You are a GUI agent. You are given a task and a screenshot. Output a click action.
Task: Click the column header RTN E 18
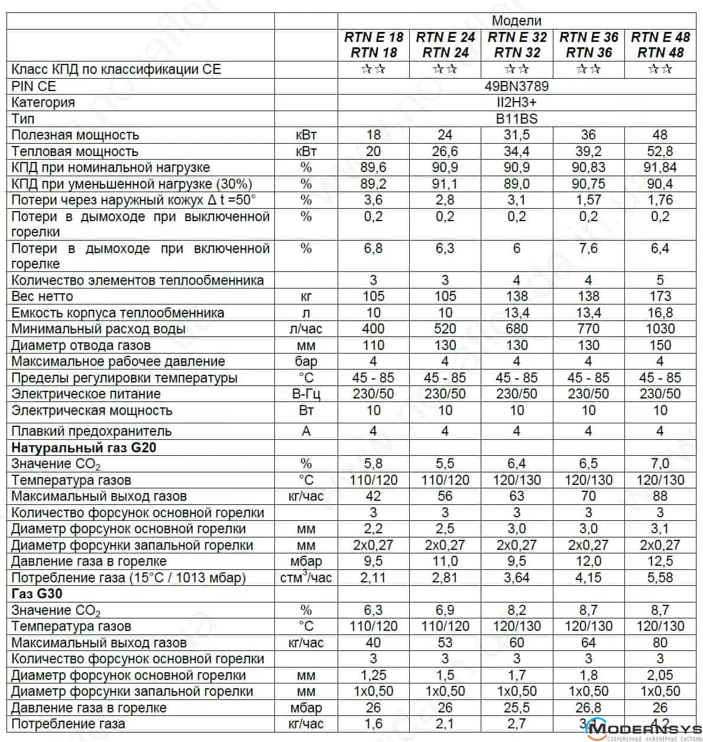(373, 37)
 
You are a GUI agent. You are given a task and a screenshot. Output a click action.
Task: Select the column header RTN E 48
(660, 37)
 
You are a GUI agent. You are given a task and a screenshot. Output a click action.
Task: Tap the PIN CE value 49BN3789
(516, 86)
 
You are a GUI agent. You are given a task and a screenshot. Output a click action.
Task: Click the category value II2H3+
(516, 102)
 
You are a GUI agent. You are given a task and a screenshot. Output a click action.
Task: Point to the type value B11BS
(516, 119)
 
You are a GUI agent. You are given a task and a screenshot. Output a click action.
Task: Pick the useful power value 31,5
(516, 135)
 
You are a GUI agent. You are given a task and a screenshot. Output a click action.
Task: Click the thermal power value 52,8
(660, 151)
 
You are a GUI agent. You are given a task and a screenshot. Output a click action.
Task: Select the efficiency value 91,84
(660, 168)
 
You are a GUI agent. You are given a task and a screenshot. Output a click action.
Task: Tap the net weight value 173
(660, 296)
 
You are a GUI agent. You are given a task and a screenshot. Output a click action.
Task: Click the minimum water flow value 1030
(660, 329)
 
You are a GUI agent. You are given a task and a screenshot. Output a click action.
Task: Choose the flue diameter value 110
(373, 345)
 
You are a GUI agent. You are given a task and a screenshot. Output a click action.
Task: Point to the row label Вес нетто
(42, 296)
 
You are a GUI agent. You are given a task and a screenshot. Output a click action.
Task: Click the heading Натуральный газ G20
(83, 448)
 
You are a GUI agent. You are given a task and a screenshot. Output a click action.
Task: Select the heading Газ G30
(37, 594)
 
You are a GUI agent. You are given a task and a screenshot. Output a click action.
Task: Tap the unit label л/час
(306, 329)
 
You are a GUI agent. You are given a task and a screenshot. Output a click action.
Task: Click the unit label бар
(306, 361)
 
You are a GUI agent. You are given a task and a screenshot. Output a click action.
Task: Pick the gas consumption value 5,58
(660, 578)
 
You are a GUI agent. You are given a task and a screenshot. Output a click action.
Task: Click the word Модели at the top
(516, 21)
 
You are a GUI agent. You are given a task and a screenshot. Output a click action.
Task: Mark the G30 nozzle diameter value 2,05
(660, 675)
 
